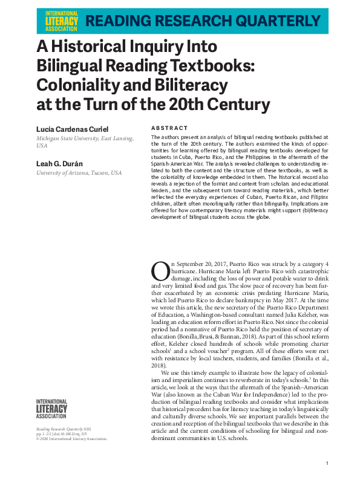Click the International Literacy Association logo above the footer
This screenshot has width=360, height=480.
point(52,409)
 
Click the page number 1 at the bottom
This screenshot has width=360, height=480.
point(327,463)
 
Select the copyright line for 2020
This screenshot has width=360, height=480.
point(72,439)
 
